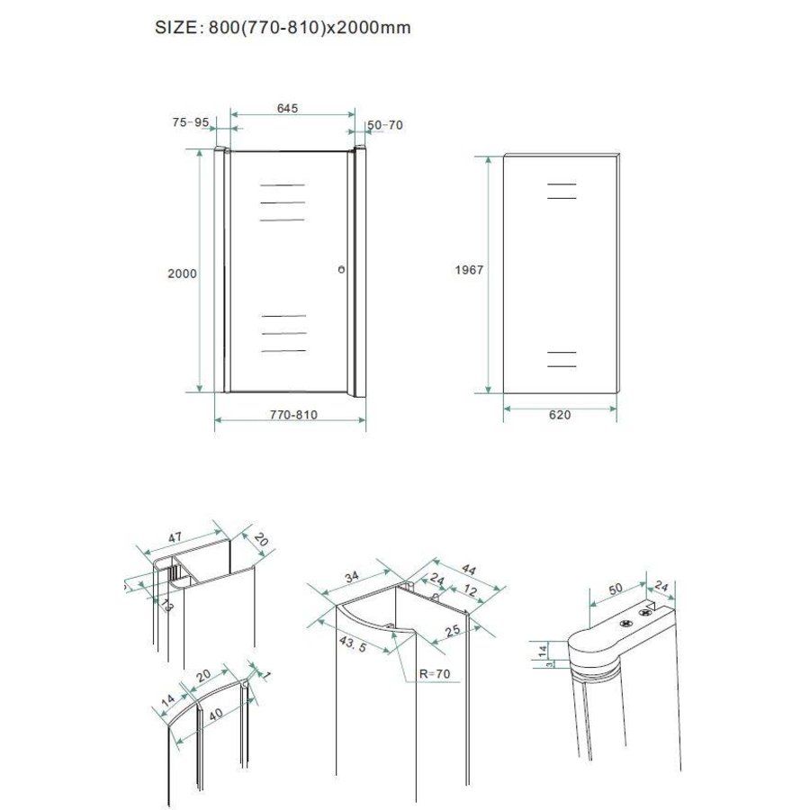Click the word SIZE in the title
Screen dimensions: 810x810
coord(176,28)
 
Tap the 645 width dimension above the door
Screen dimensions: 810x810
coord(287,108)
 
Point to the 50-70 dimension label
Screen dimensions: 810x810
coord(385,124)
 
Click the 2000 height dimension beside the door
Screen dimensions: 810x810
coord(183,273)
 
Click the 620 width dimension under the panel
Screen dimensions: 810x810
coord(558,415)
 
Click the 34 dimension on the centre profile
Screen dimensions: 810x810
coord(352,576)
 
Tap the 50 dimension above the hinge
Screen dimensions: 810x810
coord(615,589)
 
